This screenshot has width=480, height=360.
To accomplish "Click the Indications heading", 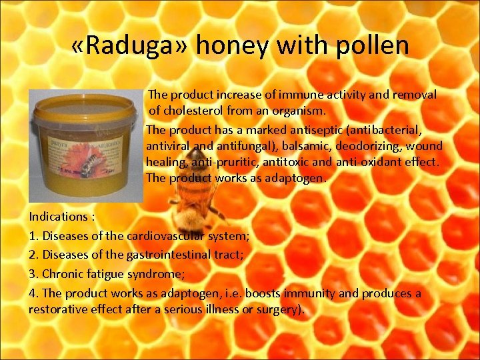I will [x=59, y=217].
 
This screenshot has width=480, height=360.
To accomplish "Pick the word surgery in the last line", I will [x=281, y=310].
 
